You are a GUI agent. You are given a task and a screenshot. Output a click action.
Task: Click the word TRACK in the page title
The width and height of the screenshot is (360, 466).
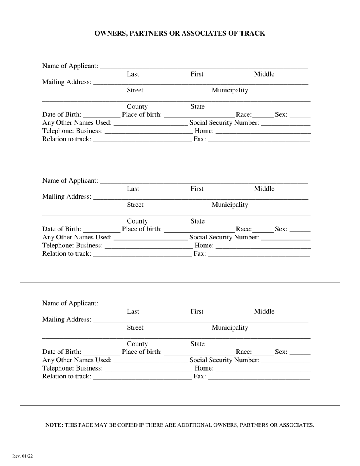pos(252,33)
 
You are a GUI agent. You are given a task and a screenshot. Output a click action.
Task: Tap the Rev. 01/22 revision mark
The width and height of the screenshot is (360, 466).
pos(22,456)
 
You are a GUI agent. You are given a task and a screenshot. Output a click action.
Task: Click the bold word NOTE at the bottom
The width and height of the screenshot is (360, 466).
pos(54,425)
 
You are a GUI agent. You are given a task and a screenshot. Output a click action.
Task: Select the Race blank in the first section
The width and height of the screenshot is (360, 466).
pos(263,115)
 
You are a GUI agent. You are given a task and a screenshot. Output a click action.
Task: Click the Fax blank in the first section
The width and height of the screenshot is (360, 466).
pos(259,140)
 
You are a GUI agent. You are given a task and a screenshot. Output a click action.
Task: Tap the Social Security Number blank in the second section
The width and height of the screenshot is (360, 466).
pos(286,238)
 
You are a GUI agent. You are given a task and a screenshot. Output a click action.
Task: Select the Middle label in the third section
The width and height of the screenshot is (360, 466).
pos(264,311)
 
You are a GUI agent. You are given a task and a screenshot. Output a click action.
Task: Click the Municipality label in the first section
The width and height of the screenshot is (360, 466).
pos(230,90)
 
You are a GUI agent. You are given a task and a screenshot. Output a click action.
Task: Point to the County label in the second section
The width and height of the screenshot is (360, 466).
pos(137,221)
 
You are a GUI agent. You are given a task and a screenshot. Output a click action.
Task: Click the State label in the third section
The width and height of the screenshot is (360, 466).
pos(197,344)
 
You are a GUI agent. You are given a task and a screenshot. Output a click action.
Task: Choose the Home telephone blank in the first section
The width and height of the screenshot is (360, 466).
pos(263,131)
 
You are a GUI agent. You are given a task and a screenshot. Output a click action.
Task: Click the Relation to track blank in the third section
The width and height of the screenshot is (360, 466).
pos(142,377)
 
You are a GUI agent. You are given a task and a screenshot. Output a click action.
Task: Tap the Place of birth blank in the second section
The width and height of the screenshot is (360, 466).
pos(199,230)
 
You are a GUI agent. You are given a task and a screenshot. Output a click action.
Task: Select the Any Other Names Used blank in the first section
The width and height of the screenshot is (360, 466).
pos(150,123)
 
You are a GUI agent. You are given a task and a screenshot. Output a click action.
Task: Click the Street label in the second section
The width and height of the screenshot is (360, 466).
pos(135,205)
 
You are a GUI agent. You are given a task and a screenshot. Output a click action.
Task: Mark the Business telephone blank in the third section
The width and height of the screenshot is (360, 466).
pos(148,369)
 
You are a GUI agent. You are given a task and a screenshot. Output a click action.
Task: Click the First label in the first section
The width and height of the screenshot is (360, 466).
pos(197,74)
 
